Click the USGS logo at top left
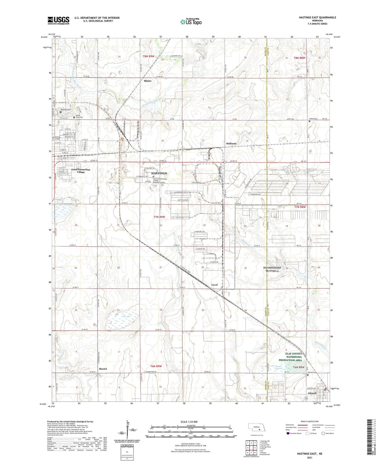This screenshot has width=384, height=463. click(58, 20)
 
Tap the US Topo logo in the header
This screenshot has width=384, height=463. click(191, 22)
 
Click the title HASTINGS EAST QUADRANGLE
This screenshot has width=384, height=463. click(317, 18)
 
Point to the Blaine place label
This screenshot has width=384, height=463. click(147, 81)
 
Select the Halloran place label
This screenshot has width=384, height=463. click(231, 143)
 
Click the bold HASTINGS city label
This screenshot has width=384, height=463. click(159, 173)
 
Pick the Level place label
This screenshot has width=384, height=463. click(214, 285)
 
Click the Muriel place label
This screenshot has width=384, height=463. click(103, 369)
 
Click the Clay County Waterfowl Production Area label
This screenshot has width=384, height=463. click(290, 357)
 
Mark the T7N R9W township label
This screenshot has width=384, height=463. click(159, 217)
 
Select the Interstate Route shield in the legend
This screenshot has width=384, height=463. click(288, 434)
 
